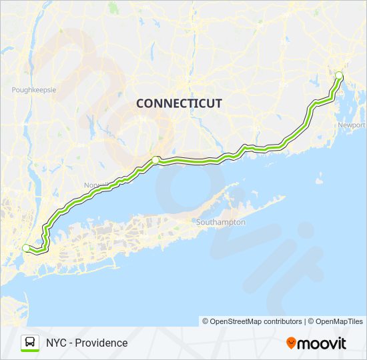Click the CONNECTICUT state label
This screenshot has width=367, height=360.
(x=179, y=103)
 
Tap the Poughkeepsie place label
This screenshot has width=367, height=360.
(x=33, y=89)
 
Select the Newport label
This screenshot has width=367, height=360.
(x=352, y=125)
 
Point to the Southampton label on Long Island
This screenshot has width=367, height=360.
(x=221, y=222)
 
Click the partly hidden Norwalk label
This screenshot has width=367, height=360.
(x=91, y=185)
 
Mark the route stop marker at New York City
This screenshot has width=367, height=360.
(x=26, y=248)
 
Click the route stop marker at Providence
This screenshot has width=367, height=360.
(x=338, y=75)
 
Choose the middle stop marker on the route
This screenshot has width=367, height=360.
(x=155, y=159)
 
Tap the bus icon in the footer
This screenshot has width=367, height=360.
(x=30, y=343)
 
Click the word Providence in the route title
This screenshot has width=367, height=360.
(x=102, y=343)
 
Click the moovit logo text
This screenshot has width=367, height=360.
(x=322, y=343)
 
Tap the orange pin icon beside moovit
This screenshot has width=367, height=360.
(x=291, y=343)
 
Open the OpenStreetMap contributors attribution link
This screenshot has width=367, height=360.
(x=256, y=321)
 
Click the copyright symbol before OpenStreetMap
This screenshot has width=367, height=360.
(x=206, y=321)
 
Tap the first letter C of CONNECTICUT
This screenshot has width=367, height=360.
(x=140, y=103)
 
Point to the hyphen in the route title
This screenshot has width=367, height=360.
(x=71, y=343)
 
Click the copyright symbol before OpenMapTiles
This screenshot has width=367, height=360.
(x=311, y=321)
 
